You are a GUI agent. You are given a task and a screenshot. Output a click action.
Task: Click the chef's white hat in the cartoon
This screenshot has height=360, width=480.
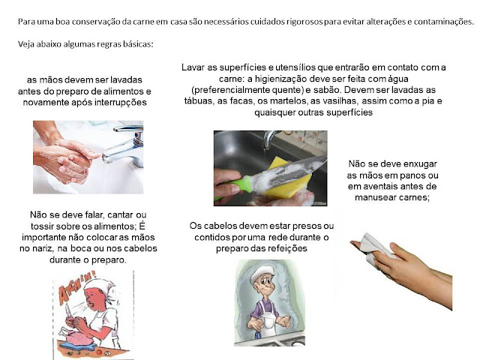(262, 272)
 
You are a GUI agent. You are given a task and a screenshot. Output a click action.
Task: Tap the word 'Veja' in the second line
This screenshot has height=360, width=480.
(26, 44)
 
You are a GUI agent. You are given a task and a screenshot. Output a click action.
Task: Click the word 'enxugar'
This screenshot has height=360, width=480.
(420, 164)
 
